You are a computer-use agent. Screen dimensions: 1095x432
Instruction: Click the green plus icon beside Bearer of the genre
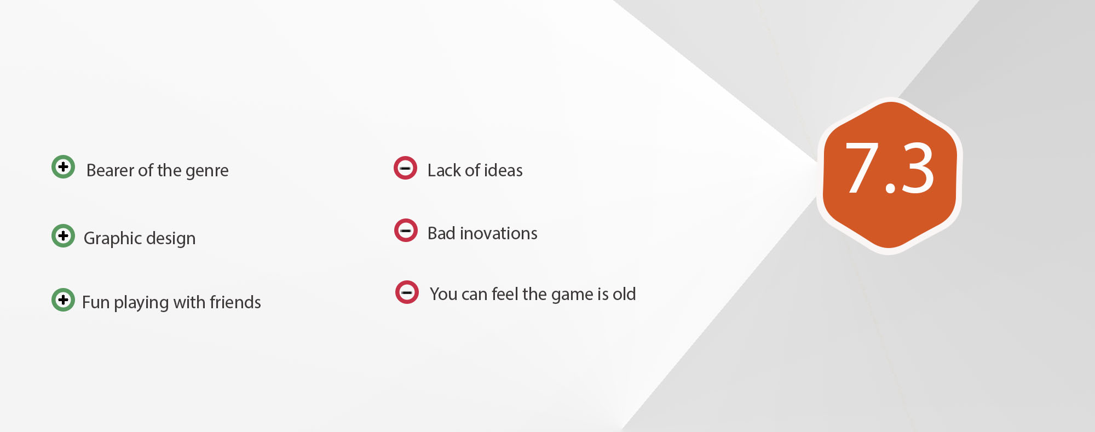click(x=63, y=166)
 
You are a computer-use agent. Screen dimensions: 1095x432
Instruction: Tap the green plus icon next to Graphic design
click(x=63, y=235)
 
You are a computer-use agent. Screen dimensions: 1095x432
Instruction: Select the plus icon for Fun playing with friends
click(x=63, y=299)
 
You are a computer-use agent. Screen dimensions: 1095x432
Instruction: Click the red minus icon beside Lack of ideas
click(x=405, y=168)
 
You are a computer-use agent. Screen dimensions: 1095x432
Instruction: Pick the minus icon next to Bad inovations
click(x=406, y=230)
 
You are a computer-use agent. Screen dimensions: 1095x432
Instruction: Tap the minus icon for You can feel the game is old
click(x=407, y=292)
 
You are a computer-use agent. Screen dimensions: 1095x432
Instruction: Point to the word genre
click(x=207, y=172)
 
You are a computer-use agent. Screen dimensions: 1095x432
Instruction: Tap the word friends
click(x=235, y=302)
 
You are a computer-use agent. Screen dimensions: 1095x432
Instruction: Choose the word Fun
click(x=96, y=302)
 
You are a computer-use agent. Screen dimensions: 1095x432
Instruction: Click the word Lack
click(x=444, y=170)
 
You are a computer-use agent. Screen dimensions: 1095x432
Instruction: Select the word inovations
click(x=499, y=233)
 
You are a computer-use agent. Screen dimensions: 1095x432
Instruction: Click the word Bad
click(x=441, y=233)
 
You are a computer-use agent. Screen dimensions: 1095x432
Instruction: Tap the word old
click(x=624, y=294)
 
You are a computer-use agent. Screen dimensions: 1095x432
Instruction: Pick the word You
click(x=443, y=294)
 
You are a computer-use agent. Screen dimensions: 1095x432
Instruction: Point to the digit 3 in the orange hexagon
click(x=917, y=168)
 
